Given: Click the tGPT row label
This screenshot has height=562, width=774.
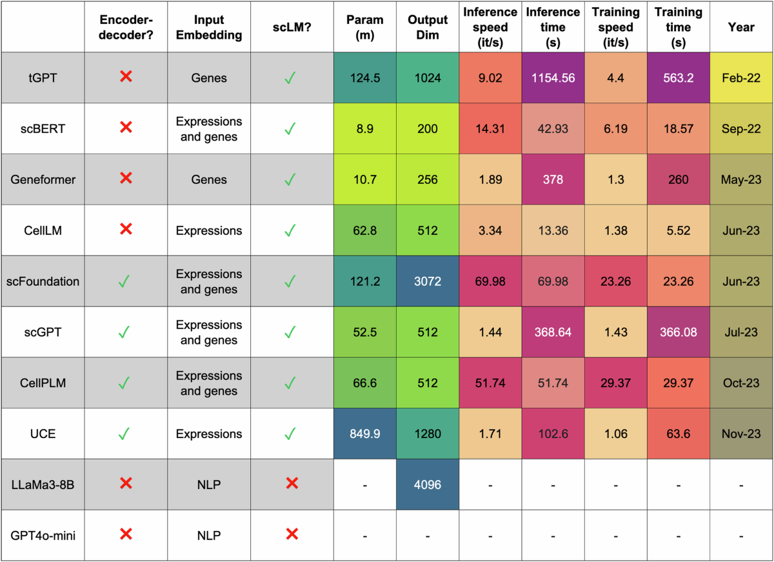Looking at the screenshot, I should [x=43, y=77].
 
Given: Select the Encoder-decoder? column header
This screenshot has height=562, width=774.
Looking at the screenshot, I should [x=126, y=28].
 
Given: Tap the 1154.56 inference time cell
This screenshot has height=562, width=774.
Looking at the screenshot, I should [x=553, y=77].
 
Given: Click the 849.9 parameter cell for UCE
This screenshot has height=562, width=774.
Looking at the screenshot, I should [x=365, y=434].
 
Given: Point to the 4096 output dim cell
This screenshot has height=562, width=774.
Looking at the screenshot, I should [x=428, y=484].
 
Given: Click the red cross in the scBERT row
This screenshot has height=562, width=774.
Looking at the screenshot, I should [x=126, y=128].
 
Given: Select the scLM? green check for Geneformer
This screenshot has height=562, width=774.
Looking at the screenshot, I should [x=291, y=179].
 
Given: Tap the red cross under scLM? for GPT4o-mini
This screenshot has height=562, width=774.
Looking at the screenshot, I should [x=291, y=534].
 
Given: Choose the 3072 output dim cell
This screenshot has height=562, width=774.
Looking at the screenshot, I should [x=428, y=281].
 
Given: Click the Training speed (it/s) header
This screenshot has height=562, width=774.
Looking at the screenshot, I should [x=615, y=28].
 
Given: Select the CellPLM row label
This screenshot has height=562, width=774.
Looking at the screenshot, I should [x=43, y=383].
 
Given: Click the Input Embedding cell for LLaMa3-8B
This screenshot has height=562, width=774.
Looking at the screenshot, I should [x=209, y=484].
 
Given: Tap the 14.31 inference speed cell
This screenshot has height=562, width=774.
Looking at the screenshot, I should [x=490, y=128].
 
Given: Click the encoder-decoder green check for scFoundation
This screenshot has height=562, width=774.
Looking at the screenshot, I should [x=126, y=281].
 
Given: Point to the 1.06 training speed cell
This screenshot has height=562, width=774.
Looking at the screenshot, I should [x=615, y=434].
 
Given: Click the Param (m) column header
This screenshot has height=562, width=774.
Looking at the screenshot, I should [x=365, y=28].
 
